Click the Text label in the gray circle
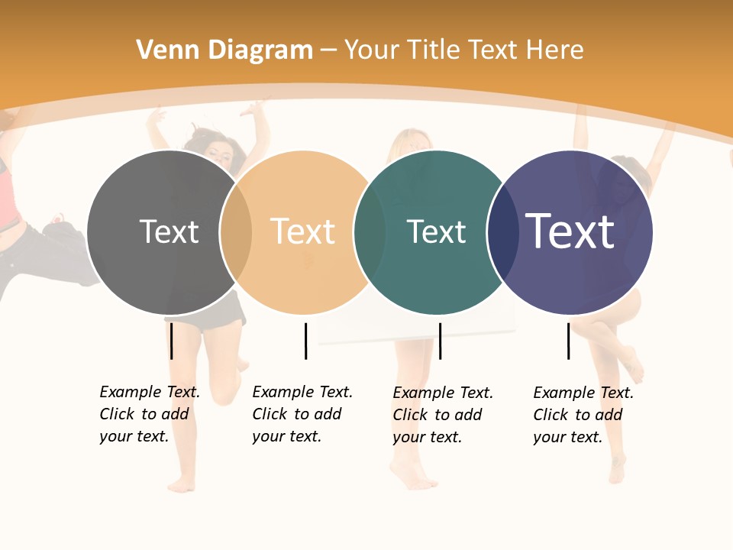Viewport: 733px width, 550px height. (x=169, y=231)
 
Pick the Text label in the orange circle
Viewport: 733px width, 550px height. (x=302, y=231)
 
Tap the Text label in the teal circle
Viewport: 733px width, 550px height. (x=436, y=232)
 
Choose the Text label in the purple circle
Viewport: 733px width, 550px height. (x=570, y=231)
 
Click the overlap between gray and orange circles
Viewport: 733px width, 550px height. (x=236, y=232)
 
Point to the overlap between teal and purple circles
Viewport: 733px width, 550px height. (x=502, y=232)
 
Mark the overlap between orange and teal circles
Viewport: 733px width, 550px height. (x=370, y=232)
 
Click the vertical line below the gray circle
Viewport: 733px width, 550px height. (x=171, y=341)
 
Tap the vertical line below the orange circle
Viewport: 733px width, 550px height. (x=305, y=341)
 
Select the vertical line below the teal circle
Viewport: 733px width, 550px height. (x=440, y=341)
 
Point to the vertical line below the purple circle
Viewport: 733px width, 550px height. (x=568, y=341)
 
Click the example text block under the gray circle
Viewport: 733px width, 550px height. (x=149, y=414)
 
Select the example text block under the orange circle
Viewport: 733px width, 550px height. (x=302, y=414)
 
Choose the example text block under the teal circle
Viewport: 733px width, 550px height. (x=442, y=415)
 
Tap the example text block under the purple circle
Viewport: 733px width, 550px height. (x=583, y=415)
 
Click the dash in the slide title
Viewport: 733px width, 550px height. (x=328, y=51)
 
